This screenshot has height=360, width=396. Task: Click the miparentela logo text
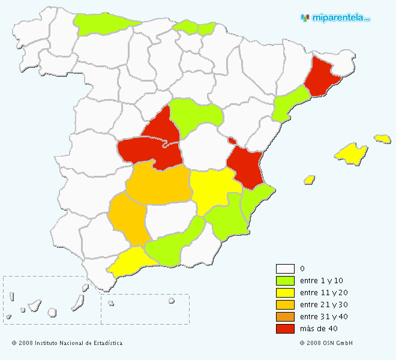click(339, 18)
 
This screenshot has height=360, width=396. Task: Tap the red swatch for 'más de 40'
click(285, 329)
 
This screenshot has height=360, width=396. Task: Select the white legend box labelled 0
click(285, 269)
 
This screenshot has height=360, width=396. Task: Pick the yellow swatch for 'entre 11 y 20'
click(285, 293)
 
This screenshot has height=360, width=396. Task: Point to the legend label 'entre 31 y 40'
click(323, 317)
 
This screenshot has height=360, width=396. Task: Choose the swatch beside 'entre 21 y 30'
click(285, 305)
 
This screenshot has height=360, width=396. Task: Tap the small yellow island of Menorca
click(382, 139)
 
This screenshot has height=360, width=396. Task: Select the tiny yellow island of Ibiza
click(310, 179)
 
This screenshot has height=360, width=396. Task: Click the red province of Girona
click(322, 75)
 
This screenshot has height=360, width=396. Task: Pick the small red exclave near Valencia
click(232, 140)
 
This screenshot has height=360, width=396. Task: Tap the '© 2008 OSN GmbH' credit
click(326, 343)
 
